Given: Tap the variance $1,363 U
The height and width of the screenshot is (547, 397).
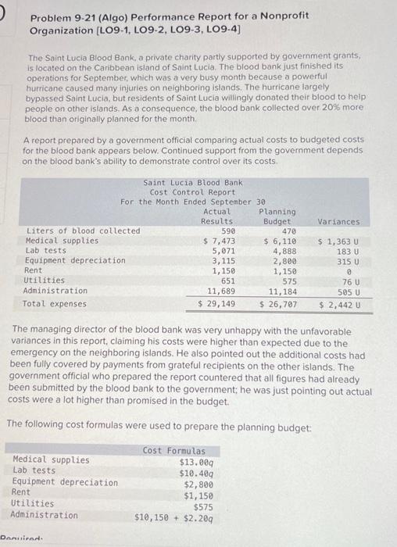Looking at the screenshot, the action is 338,241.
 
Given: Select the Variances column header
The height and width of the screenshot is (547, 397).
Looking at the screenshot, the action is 338,221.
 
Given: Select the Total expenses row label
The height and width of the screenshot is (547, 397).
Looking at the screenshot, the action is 55,302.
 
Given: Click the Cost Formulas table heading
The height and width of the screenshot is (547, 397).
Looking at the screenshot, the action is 174,451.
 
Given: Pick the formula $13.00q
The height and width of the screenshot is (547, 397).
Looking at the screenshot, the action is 198,461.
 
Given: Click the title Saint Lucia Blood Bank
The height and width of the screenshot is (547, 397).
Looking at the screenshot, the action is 182,183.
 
